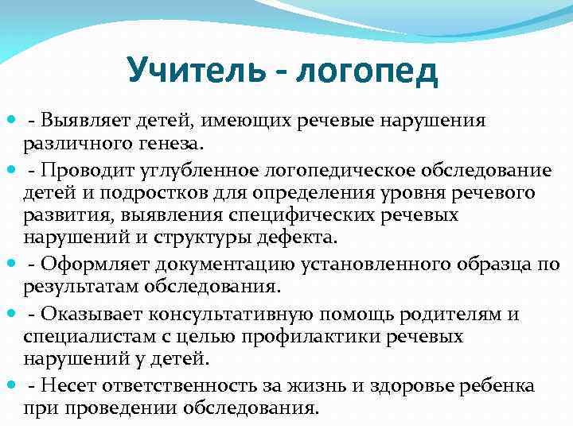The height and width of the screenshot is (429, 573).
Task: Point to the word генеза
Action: [x=173, y=144]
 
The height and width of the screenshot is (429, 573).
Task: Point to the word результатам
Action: [x=73, y=288]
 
